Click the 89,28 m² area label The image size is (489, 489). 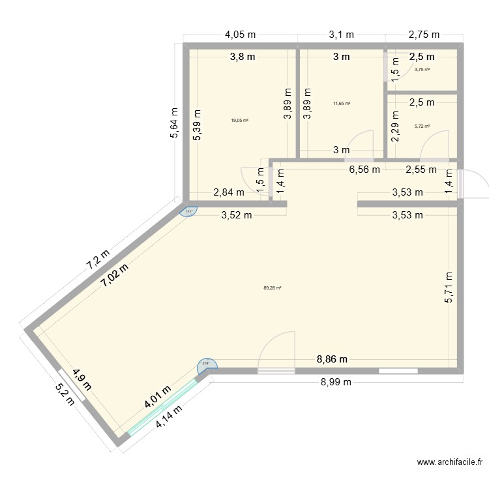(x=272, y=288)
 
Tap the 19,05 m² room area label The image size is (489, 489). (x=239, y=120)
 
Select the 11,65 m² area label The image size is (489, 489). (x=342, y=103)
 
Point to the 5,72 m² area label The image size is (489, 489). (x=422, y=126)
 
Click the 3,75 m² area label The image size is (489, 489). (x=422, y=70)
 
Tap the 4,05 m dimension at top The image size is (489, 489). (x=240, y=35)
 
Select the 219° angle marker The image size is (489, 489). (x=207, y=364)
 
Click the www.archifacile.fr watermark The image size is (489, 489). (x=451, y=462)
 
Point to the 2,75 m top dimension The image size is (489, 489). (x=424, y=35)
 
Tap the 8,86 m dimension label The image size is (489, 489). (x=333, y=359)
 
